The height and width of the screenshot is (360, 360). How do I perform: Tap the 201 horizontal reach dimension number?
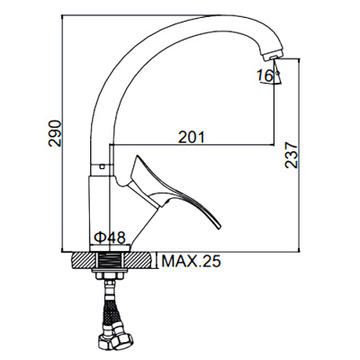(189, 137)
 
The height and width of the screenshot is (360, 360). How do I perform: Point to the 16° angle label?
(264, 77)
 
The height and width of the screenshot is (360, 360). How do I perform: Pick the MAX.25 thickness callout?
(190, 262)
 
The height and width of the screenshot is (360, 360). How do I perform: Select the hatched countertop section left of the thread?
(82, 261)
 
